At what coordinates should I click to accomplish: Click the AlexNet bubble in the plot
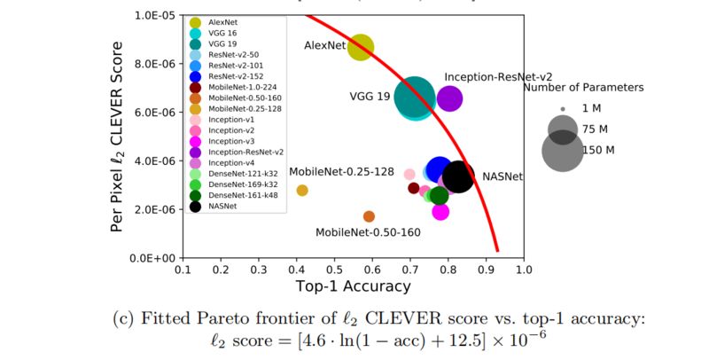[360, 47]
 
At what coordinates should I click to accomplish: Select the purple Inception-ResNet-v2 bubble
[449, 99]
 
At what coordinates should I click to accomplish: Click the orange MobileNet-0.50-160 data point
[369, 216]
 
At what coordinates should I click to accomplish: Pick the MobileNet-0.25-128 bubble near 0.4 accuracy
[302, 191]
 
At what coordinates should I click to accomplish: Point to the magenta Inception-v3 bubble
[440, 211]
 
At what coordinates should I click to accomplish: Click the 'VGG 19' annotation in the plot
[370, 97]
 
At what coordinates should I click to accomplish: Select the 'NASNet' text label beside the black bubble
[503, 177]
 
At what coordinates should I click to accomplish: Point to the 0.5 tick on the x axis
[335, 269]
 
